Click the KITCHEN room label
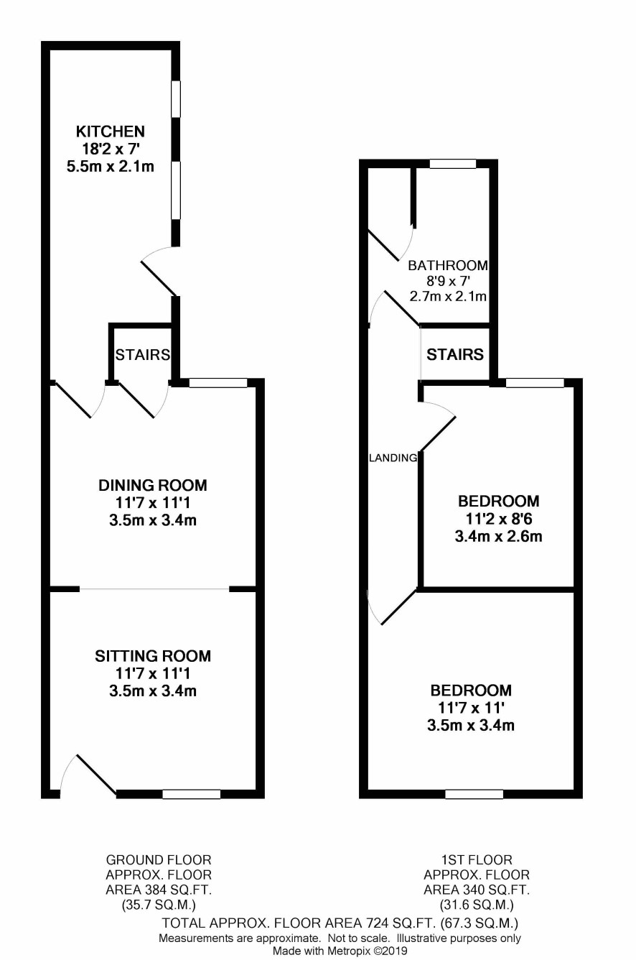click(111, 131)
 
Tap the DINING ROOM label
click(153, 485)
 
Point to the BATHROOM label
click(448, 266)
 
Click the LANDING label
click(393, 458)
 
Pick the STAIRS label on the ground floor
click(143, 354)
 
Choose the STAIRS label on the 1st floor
click(455, 354)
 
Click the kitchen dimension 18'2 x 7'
click(111, 149)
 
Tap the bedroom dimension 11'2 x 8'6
click(499, 519)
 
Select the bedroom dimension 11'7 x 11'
click(471, 707)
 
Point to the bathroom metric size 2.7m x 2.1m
click(448, 296)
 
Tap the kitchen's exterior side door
click(159, 272)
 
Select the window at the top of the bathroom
click(453, 163)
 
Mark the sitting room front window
click(192, 794)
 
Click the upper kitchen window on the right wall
click(175, 98)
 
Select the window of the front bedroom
click(474, 794)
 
